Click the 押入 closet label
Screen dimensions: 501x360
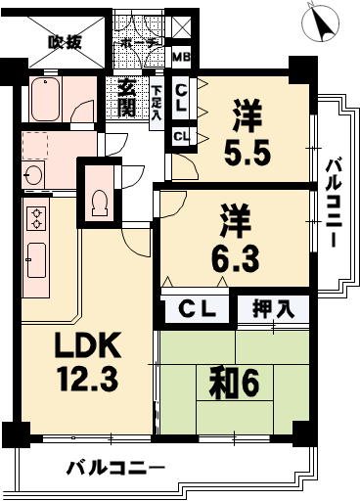pyautogui.click(x=272, y=309)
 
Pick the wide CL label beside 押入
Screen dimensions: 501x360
pyautogui.click(x=198, y=310)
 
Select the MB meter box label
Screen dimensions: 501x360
pyautogui.click(x=181, y=57)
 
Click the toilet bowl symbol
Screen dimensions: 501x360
pyautogui.click(x=99, y=201)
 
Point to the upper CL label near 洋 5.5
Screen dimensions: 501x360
pyautogui.click(x=181, y=96)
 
